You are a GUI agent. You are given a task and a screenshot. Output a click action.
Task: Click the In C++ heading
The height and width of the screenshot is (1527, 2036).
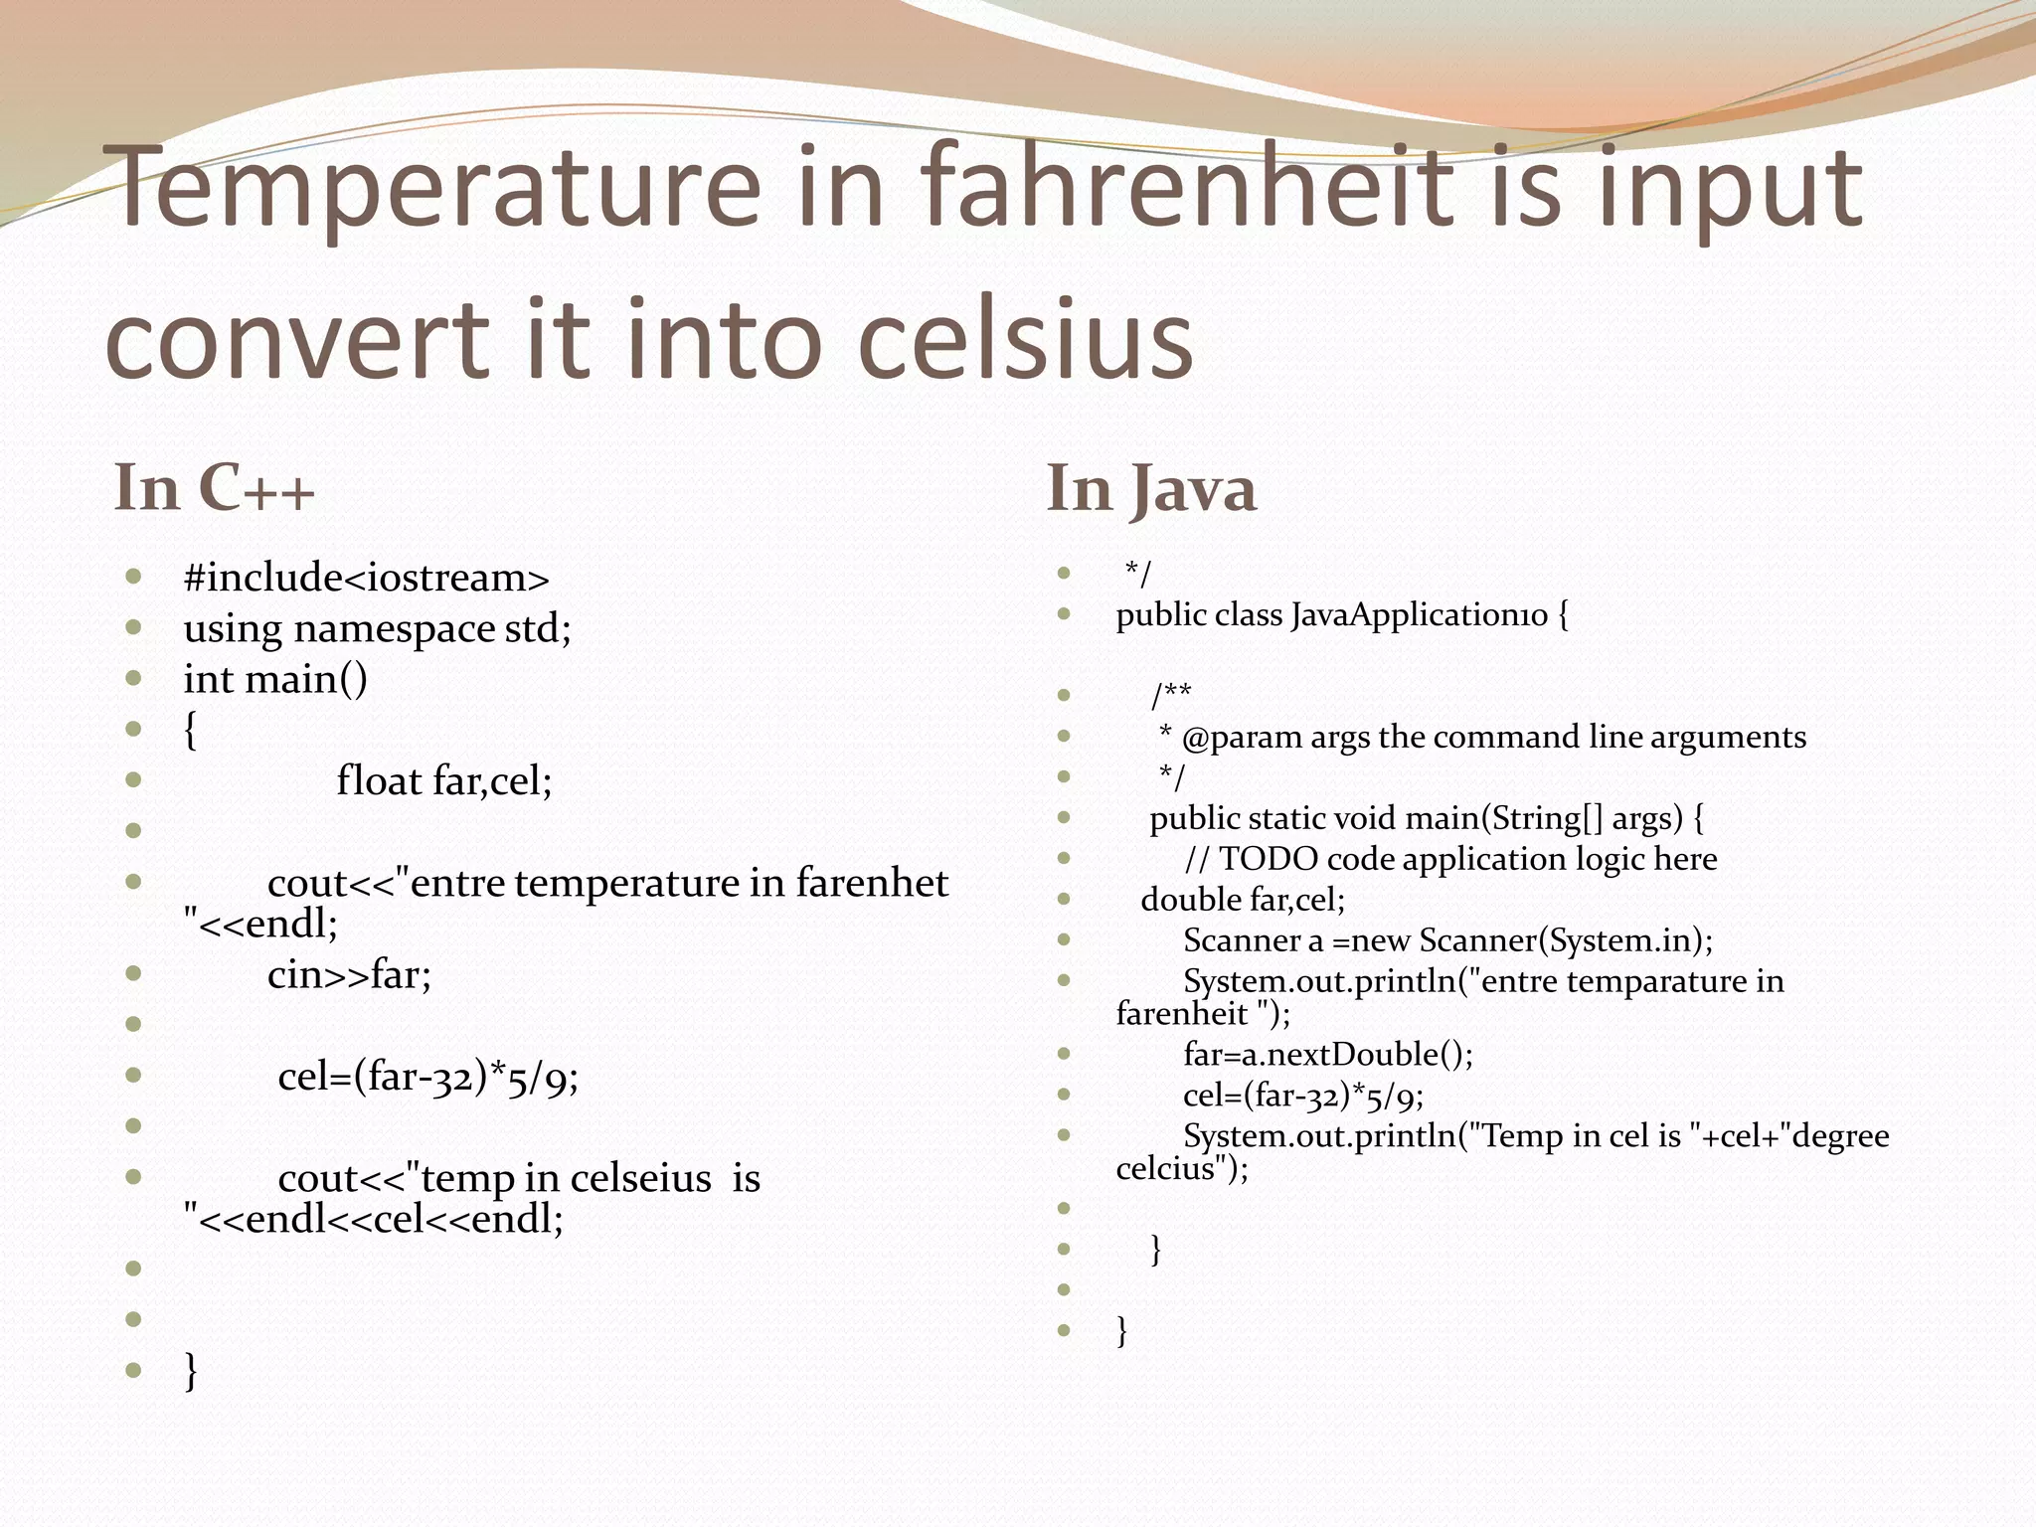coord(215,488)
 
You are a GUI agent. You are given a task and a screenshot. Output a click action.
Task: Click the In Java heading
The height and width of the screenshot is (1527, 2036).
coord(1151,489)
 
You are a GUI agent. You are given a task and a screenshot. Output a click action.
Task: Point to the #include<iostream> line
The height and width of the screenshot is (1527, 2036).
coord(366,578)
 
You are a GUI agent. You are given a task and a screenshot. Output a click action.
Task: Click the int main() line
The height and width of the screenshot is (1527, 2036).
coord(275,680)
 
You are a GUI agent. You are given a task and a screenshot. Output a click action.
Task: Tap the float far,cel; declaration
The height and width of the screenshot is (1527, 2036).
coord(443,781)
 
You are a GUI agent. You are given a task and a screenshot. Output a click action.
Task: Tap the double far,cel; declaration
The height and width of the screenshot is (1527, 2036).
coord(1242,900)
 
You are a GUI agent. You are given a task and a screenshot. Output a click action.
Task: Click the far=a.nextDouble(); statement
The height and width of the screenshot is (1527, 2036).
coord(1327,1055)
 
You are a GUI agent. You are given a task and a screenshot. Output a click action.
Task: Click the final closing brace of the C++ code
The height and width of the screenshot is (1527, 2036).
coord(191,1371)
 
